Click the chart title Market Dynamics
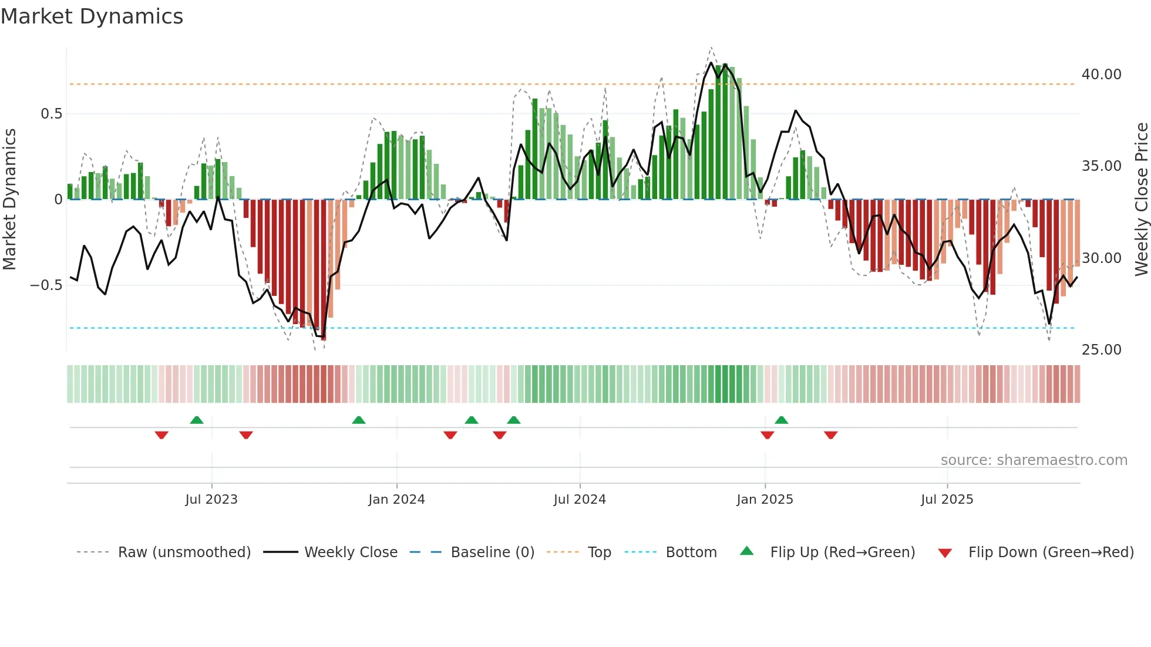coord(92,16)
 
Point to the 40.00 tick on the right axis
coord(1101,75)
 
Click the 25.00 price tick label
coord(1101,350)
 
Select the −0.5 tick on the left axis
coord(46,285)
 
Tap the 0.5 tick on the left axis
coord(51,114)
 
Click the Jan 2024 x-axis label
coord(396,500)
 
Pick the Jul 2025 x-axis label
coord(947,500)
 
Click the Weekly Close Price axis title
coord(1141,199)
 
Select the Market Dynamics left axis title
coord(9,199)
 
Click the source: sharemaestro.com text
coord(1034,460)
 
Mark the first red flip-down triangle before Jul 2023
coord(161,435)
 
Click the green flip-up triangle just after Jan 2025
coord(781,420)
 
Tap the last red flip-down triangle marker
coord(830,435)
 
